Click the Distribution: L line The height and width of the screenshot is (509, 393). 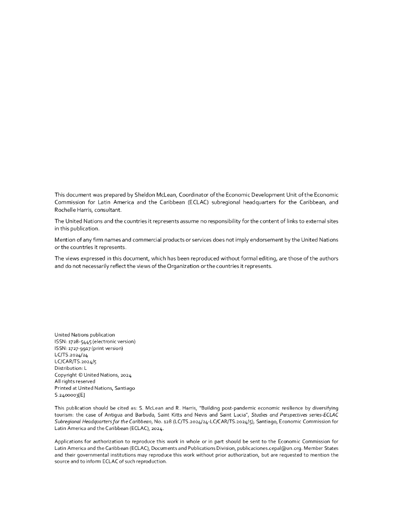71,368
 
